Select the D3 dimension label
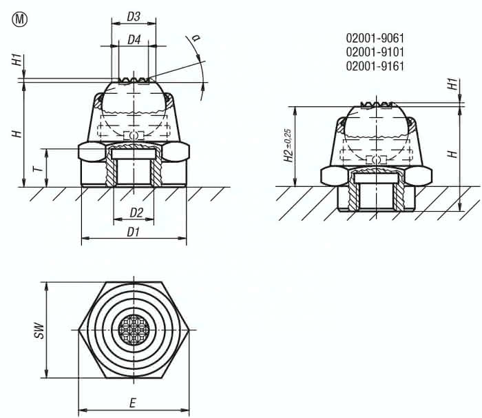pos(134,17)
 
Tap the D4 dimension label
pos(134,41)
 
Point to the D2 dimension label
pos(136,212)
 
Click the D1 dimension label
pos(134,232)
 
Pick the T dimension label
pos(39,168)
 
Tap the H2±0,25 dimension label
pos(288,146)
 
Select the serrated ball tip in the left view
pos(134,81)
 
